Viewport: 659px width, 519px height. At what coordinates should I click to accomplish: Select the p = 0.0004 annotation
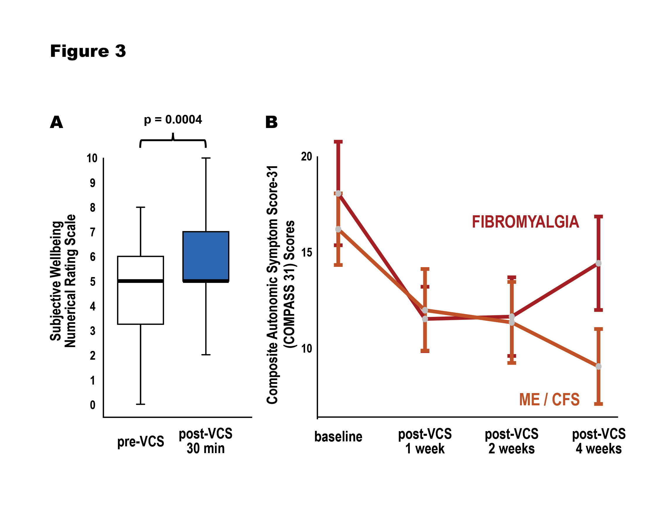point(173,119)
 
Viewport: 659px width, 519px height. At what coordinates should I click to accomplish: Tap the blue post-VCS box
point(206,256)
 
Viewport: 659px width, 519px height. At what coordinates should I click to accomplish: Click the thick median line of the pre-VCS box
point(140,281)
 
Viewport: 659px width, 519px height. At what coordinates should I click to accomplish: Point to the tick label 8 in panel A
point(92,208)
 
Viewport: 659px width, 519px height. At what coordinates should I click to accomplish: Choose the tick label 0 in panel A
point(92,405)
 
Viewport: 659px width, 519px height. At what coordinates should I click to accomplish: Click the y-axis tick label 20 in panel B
point(307,157)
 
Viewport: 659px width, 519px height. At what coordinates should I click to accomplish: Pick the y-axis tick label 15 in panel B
point(307,252)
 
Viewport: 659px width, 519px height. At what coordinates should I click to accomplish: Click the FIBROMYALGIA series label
point(525,222)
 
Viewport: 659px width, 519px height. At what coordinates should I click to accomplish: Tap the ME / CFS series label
point(549,400)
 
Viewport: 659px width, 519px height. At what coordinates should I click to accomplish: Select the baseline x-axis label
point(338,437)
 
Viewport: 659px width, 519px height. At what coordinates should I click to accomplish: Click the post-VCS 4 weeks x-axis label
point(599,441)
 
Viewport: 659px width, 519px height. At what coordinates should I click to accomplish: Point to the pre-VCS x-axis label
point(140,441)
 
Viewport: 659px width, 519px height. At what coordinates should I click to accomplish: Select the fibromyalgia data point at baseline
point(338,194)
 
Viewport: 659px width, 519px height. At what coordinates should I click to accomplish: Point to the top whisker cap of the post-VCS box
point(206,158)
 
